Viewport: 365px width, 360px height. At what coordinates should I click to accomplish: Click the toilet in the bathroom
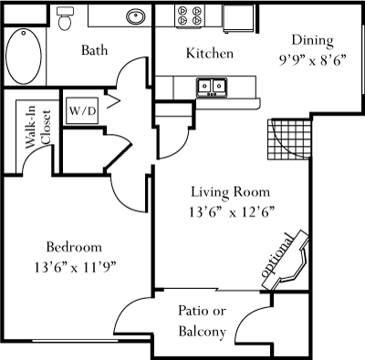[x=64, y=19]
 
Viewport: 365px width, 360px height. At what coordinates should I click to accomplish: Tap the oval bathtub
[x=24, y=57]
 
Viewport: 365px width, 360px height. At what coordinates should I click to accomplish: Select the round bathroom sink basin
[x=136, y=16]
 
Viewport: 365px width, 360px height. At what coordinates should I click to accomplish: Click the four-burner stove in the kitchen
[x=190, y=15]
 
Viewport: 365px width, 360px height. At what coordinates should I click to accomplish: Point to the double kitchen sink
[x=212, y=87]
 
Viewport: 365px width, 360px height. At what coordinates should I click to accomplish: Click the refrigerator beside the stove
[x=238, y=18]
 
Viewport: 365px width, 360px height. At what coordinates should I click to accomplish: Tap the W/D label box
[x=82, y=110]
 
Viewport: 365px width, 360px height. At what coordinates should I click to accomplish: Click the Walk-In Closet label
[x=38, y=127]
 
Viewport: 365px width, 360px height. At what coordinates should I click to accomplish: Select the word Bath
[x=95, y=50]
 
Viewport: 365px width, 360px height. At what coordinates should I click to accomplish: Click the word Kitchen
[x=210, y=53]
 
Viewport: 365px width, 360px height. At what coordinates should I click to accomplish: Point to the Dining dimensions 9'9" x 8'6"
[x=313, y=61]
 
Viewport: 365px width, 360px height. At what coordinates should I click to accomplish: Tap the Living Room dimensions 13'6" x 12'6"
[x=232, y=212]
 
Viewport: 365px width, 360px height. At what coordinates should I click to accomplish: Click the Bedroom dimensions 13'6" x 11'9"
[x=75, y=268]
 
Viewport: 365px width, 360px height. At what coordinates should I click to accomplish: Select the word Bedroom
[x=74, y=247]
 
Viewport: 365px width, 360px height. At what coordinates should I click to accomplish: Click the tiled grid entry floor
[x=289, y=139]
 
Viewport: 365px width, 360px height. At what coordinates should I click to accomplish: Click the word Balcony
[x=203, y=332]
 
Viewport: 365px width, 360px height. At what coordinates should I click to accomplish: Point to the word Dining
[x=313, y=41]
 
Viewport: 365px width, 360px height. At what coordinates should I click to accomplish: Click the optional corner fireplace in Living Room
[x=286, y=262]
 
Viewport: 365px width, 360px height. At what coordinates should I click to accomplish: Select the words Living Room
[x=231, y=192]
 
